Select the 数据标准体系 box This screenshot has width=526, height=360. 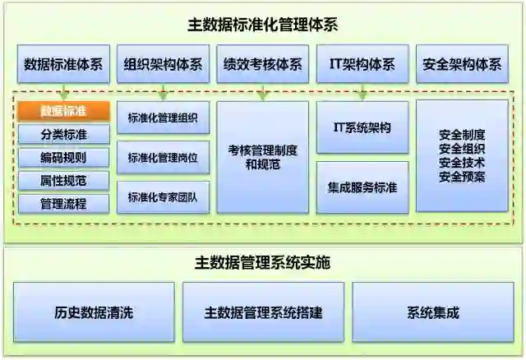tap(63, 64)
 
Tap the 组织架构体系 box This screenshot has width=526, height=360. tap(163, 64)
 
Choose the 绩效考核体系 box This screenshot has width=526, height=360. tap(262, 64)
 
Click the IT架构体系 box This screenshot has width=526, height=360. tap(362, 64)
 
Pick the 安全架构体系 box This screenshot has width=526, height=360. tap(461, 64)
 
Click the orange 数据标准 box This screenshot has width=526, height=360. tap(63, 110)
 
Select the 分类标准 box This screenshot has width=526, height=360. tap(63, 134)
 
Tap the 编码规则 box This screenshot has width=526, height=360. tap(63, 157)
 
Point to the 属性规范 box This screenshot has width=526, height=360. tap(63, 180)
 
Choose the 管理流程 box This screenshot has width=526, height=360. tap(63, 203)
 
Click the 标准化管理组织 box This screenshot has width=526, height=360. tap(163, 118)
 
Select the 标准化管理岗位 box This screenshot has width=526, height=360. tap(163, 157)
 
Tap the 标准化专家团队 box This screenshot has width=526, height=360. tap(163, 197)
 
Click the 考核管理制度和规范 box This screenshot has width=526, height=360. tap(262, 157)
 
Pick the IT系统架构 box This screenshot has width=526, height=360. tap(362, 127)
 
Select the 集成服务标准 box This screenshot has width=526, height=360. tap(362, 187)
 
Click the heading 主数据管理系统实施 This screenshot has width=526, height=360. tap(262, 264)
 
